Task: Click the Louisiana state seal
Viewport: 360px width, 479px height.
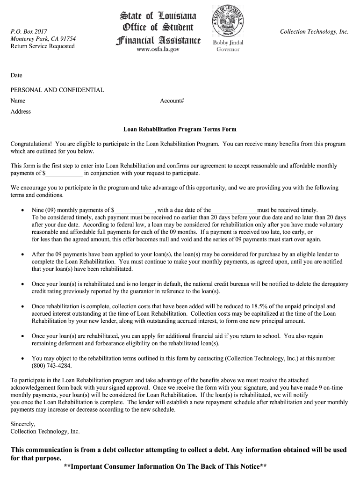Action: point(227,22)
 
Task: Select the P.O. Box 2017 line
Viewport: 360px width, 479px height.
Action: point(29,31)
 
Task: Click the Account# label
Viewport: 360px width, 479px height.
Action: point(172,101)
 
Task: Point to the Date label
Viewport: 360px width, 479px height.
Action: point(16,75)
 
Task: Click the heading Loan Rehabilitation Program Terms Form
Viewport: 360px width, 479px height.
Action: point(180,129)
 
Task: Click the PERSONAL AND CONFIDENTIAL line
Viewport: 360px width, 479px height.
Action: point(58,90)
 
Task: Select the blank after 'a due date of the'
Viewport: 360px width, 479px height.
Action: point(234,210)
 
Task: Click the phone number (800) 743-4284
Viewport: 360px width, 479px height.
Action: point(52,366)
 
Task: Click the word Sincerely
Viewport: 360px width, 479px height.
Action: point(23,424)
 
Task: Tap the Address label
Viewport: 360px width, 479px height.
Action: point(21,111)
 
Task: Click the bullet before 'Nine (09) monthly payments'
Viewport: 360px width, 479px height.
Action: point(22,210)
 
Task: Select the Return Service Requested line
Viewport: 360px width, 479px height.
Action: point(43,46)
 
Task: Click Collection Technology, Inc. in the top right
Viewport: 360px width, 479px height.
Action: point(314,31)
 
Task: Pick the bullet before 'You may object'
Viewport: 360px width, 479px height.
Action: point(22,358)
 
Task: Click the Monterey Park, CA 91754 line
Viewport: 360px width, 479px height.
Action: point(43,39)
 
